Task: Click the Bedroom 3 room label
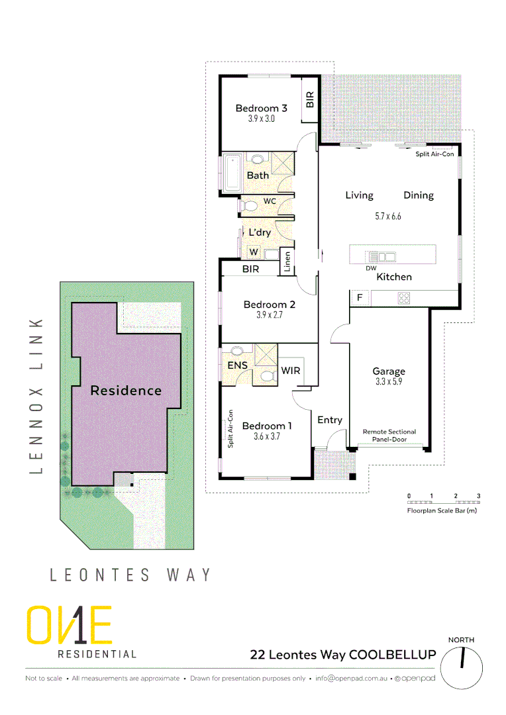261,109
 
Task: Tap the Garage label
388,371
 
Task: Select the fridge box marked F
360,298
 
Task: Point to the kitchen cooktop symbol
403,299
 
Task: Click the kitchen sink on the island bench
382,256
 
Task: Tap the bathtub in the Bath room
232,173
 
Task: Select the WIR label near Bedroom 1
291,371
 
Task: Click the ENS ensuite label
237,365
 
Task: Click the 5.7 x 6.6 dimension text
387,216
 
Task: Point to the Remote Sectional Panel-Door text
389,435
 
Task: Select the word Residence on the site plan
126,391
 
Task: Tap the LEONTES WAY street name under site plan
131,574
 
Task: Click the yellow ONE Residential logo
69,626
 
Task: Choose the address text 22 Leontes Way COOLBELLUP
342,655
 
